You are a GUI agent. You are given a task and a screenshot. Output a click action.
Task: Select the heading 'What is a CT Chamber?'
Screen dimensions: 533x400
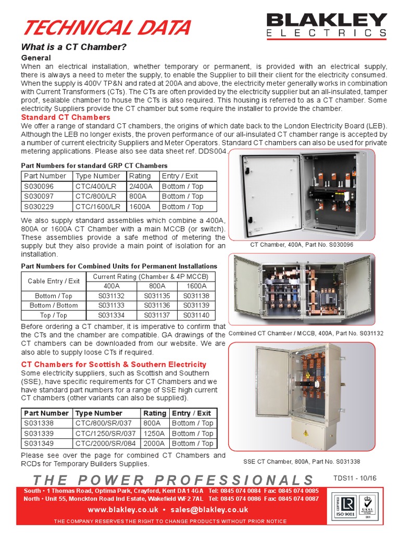point(73,47)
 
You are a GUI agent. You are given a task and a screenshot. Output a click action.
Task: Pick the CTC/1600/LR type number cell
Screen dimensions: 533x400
point(98,207)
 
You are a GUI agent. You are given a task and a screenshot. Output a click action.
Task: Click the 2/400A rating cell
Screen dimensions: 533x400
point(141,186)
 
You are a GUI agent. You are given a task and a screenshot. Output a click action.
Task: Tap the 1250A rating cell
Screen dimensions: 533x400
point(155,434)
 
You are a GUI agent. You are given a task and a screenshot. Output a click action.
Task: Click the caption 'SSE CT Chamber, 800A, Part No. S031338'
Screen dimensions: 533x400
point(302,461)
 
